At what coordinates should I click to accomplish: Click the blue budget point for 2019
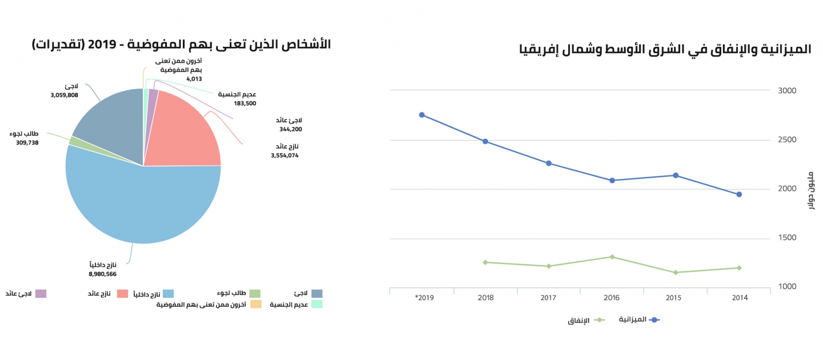[x=422, y=115]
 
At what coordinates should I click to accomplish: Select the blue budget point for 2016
[x=612, y=181]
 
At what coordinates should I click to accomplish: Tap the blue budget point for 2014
[x=739, y=194]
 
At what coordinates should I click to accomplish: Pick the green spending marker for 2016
[x=612, y=257]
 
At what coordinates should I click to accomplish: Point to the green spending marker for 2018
[x=485, y=262]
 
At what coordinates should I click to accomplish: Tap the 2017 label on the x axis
[x=549, y=298]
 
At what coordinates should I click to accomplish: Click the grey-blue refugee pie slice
[x=111, y=123]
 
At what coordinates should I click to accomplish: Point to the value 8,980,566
[x=102, y=274]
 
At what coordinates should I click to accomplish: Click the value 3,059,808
[x=64, y=95]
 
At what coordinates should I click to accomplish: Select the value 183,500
[x=245, y=103]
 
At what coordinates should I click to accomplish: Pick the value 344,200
[x=290, y=129]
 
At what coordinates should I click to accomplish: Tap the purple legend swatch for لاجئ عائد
[x=41, y=294]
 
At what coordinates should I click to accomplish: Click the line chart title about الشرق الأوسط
[x=666, y=50]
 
